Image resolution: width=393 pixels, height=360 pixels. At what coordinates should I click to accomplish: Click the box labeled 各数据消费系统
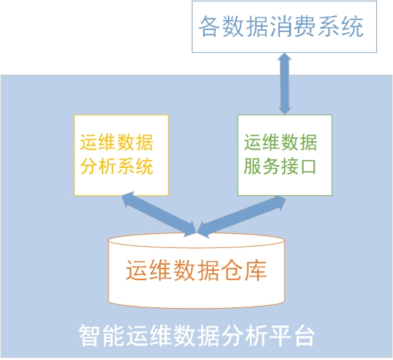pos(284,27)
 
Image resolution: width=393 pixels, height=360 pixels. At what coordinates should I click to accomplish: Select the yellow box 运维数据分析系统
pos(121,155)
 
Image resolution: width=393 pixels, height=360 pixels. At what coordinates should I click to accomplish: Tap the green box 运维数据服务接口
pos(284,155)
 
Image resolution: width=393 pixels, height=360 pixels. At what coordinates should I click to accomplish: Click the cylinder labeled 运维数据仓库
pos(196,271)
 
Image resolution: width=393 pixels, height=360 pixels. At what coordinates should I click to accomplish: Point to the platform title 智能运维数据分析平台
pos(196,335)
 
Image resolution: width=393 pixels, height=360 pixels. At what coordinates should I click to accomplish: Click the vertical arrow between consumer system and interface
pos(284,83)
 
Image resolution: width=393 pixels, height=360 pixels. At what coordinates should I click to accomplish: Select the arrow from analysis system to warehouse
pos(159,214)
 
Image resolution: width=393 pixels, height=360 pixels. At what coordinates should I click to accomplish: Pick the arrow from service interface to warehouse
pos(241,217)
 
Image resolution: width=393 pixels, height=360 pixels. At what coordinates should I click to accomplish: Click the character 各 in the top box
pos(209,26)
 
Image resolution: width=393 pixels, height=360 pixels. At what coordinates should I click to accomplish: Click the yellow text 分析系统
pos(117,166)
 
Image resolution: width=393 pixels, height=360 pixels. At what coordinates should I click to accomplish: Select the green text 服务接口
pos(280,166)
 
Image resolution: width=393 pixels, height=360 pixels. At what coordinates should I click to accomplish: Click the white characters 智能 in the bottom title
pos(102,335)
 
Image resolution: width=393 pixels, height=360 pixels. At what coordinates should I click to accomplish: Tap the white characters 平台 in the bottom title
pos(292,335)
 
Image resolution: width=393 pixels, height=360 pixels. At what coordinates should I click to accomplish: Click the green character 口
pos(308,166)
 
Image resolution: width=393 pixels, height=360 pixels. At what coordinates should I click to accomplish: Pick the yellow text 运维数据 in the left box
pos(117,142)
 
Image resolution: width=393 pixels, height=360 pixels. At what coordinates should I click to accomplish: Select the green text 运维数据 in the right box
pos(280,142)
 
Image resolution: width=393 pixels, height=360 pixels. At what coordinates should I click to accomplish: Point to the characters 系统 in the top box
pos(340,26)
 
